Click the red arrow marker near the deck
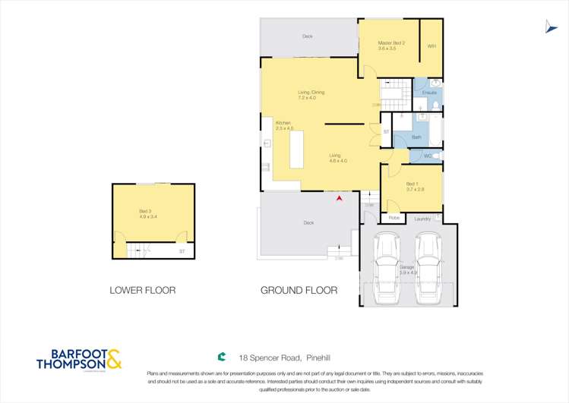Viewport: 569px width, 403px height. tap(340, 198)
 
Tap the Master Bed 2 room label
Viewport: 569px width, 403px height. tap(392, 46)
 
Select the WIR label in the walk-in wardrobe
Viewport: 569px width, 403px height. tap(431, 46)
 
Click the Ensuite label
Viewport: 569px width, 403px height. tap(429, 93)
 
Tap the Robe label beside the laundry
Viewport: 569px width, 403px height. tap(394, 219)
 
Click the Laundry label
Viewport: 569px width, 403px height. tap(423, 219)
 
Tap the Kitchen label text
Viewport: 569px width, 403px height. tap(283, 124)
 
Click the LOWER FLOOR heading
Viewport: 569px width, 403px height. tap(143, 290)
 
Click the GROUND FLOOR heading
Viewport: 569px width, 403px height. tap(299, 290)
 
